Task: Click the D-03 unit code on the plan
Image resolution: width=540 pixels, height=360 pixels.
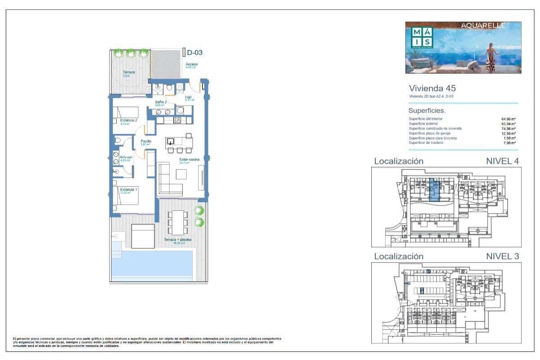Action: coord(195,52)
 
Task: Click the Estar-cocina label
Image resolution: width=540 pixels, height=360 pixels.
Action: coord(189,159)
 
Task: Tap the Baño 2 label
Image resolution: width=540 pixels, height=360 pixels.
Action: coord(161,103)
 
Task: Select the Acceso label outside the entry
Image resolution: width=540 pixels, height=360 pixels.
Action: coord(191,64)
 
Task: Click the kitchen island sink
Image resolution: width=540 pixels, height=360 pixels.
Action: coord(171,141)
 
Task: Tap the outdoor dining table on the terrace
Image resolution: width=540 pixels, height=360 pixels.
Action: coord(178,220)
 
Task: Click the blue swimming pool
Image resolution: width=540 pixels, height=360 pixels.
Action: coord(152,263)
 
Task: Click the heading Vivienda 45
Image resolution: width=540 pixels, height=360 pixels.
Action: coord(426,88)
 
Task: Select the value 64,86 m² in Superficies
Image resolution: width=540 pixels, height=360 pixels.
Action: coord(508,119)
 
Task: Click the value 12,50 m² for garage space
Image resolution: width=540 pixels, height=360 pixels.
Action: coord(508,134)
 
